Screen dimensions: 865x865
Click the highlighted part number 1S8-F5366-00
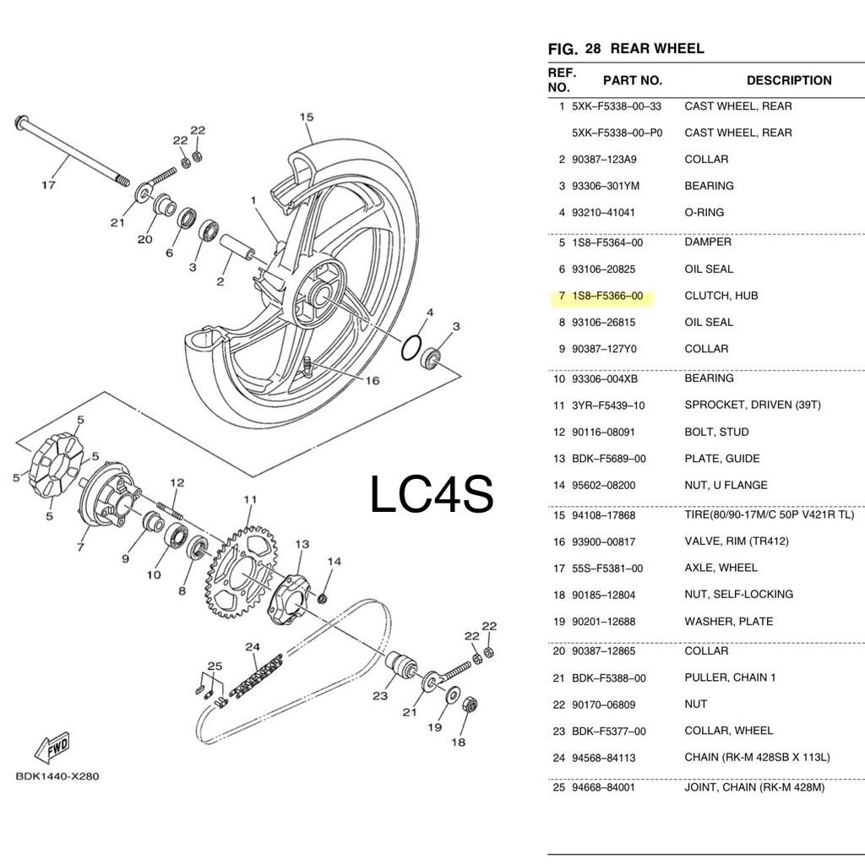[607, 296]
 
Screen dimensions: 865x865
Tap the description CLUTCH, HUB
[721, 296]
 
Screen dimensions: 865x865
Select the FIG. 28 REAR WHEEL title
[626, 49]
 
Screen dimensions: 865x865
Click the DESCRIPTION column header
[788, 80]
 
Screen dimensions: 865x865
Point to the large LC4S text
[432, 495]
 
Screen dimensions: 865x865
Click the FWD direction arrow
[52, 746]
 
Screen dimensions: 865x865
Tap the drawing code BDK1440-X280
[57, 776]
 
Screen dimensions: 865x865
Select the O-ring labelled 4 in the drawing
[411, 345]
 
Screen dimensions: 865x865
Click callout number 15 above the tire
[306, 117]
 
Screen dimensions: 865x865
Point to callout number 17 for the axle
[48, 184]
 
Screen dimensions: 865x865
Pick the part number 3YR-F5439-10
[608, 405]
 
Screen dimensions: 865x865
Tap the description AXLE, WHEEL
[721, 568]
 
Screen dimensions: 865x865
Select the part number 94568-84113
[607, 757]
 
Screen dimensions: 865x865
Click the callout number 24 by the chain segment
[252, 647]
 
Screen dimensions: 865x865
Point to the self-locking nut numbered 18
[471, 704]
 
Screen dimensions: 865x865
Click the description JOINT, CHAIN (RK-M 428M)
[754, 787]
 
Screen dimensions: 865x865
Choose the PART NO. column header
[632, 80]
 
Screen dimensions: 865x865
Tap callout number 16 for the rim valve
[373, 380]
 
